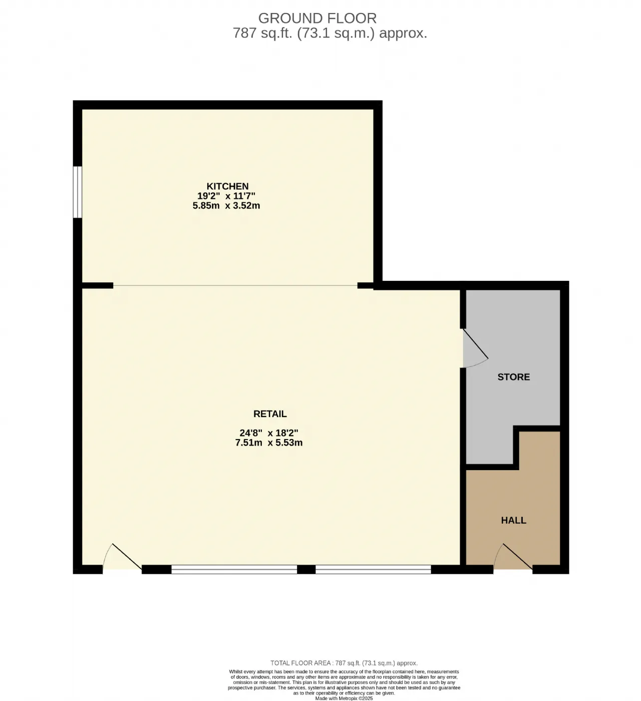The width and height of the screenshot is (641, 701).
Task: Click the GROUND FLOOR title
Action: coord(317,18)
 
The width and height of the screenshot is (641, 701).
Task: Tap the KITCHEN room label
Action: coord(227,186)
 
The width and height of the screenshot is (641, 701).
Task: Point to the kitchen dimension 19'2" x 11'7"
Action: coord(226,196)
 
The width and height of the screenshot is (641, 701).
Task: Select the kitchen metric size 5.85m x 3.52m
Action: coord(226,205)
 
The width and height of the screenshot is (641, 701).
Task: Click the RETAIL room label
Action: coord(270,414)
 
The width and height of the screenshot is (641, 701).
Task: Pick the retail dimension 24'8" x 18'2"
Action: coord(269,433)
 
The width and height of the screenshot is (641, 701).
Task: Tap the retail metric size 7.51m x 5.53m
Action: coord(269,443)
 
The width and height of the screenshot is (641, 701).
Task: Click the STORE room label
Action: coord(513,377)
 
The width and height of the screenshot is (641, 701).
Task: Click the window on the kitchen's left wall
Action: coord(77,192)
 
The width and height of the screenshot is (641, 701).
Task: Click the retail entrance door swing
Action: coord(122,558)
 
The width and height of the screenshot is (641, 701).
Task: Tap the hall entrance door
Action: coord(513,558)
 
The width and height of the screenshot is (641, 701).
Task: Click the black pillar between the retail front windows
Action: coord(306,569)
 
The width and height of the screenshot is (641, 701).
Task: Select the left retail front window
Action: coord(234,569)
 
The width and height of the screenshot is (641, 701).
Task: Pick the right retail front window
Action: coord(373,569)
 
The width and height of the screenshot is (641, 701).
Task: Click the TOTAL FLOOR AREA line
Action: coord(344,663)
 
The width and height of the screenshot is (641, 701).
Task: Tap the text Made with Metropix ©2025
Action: coord(344,698)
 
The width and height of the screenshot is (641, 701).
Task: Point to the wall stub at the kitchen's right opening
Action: coord(366,285)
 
